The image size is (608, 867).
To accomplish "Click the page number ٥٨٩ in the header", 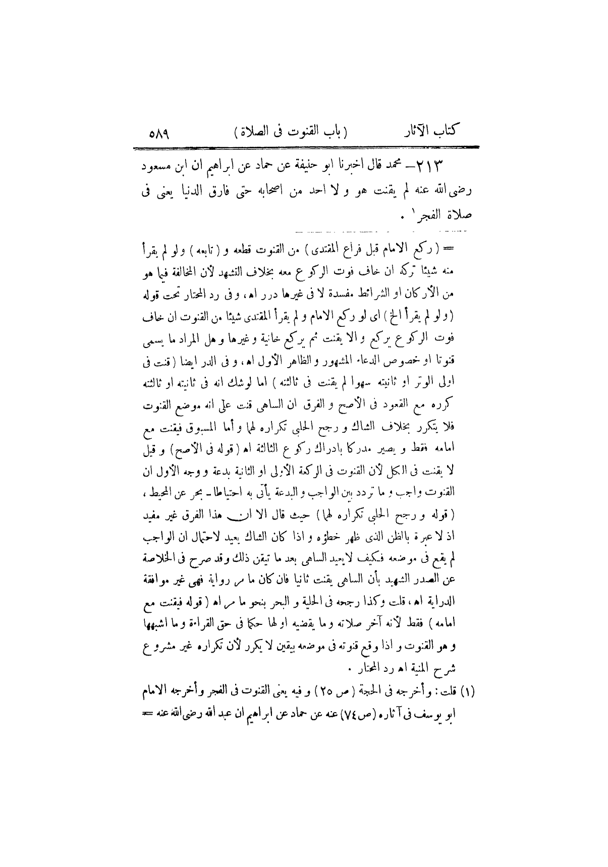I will (x=158, y=134).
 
